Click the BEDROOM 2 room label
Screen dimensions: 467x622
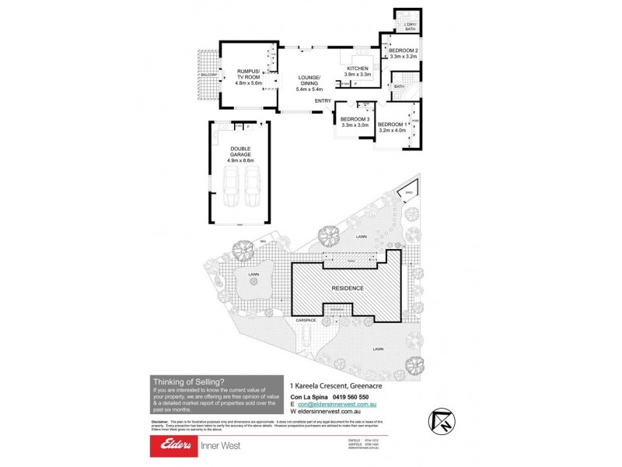[x=404, y=51]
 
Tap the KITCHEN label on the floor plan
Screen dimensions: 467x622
[x=358, y=68]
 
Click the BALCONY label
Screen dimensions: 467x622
[x=206, y=75]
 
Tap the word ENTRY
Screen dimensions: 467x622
[x=324, y=101]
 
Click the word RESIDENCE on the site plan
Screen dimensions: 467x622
[x=348, y=288]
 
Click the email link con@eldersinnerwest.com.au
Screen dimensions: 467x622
[x=334, y=404]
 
